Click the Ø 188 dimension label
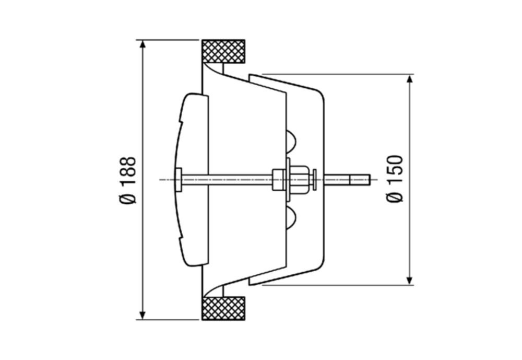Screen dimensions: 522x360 (128, 180)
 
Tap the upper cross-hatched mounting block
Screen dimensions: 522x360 (224, 52)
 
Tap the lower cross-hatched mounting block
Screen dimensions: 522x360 (224, 308)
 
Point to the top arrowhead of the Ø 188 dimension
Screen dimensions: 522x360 (143, 45)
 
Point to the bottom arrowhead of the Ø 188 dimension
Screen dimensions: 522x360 (143, 315)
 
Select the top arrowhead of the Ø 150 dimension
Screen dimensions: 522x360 (410, 79)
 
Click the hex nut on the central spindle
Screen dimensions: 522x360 (299, 179)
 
